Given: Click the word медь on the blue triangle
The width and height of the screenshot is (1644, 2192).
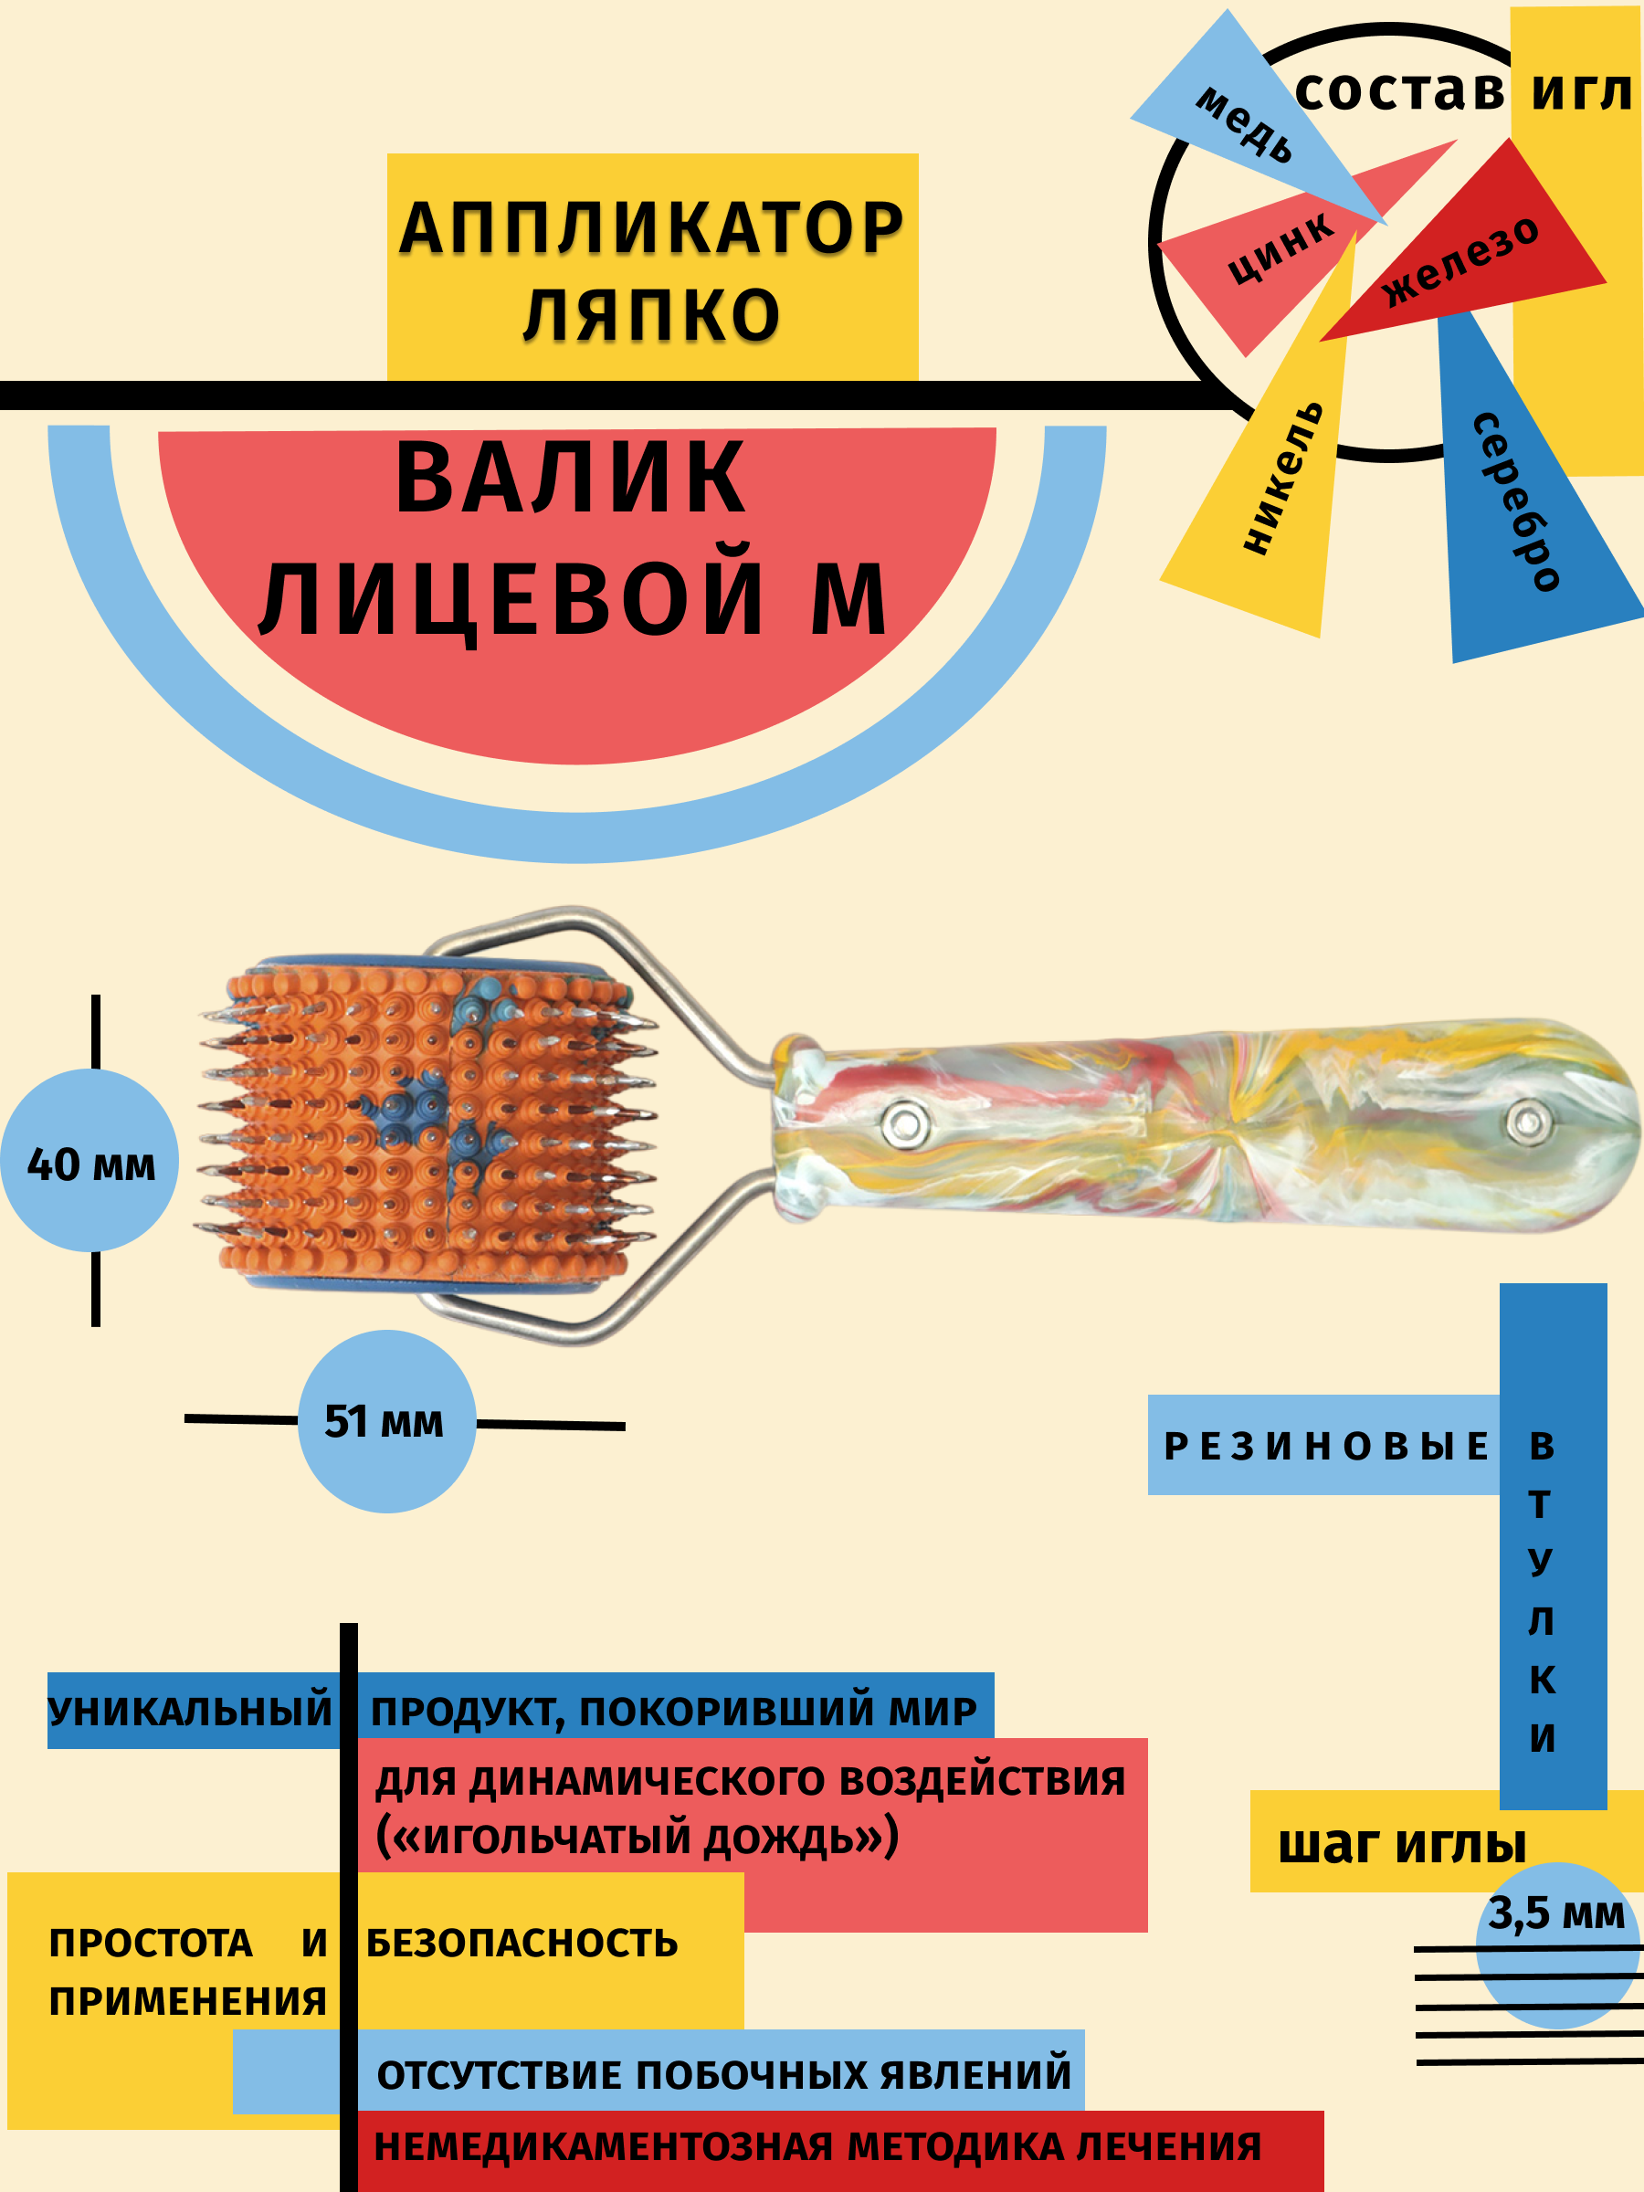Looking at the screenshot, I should (1245, 124).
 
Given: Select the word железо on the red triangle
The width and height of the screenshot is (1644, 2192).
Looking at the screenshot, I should (1460, 260).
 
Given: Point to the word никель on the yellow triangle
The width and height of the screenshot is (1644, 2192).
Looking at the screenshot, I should (1282, 477).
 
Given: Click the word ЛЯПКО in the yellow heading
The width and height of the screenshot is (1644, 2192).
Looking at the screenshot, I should (652, 315).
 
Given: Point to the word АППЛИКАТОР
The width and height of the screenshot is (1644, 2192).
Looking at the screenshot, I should (651, 228).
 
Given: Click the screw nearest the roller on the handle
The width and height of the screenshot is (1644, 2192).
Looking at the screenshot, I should (902, 1122).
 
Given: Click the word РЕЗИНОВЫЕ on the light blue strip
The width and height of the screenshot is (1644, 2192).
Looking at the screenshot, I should (1325, 1447).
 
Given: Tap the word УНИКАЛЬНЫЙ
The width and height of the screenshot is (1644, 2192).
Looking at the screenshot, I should (190, 1712).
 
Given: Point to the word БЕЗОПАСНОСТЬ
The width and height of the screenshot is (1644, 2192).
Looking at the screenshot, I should (522, 1944).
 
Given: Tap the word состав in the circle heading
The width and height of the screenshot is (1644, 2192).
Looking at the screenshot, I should (1399, 91).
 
